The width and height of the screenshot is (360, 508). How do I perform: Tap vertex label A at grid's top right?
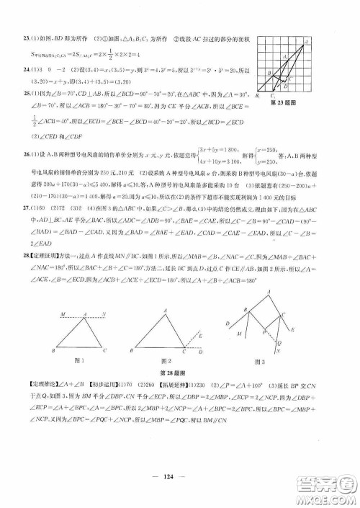tap(308, 41)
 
